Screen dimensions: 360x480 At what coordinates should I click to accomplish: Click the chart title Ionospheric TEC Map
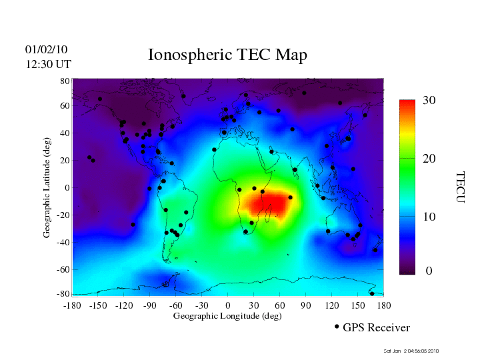tap(227, 55)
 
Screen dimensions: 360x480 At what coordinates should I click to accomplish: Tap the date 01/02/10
tap(47, 49)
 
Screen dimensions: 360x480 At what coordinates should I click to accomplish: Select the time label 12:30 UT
tap(49, 64)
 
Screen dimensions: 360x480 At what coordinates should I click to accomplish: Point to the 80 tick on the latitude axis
tap(65, 81)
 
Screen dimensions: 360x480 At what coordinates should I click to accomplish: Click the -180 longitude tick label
tap(71, 305)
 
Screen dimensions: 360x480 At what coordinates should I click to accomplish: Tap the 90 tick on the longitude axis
tap(306, 305)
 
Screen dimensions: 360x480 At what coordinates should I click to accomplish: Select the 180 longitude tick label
tap(384, 305)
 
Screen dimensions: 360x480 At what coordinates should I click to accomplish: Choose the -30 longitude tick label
tap(201, 305)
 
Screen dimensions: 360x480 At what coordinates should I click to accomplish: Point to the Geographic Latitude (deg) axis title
tap(47, 192)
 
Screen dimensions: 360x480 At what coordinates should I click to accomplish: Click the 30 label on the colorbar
tap(429, 101)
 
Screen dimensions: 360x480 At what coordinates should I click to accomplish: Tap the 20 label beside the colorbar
tap(429, 160)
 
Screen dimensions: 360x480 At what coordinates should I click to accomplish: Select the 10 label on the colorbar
tap(429, 217)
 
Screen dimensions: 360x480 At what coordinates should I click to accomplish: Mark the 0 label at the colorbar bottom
tap(429, 271)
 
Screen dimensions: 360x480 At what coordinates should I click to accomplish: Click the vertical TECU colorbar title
tap(461, 187)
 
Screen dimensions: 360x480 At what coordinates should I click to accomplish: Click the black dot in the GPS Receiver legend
tap(337, 327)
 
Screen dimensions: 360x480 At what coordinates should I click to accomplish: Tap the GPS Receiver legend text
tap(376, 327)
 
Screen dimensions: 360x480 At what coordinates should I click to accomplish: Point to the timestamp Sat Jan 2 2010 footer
tap(411, 351)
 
